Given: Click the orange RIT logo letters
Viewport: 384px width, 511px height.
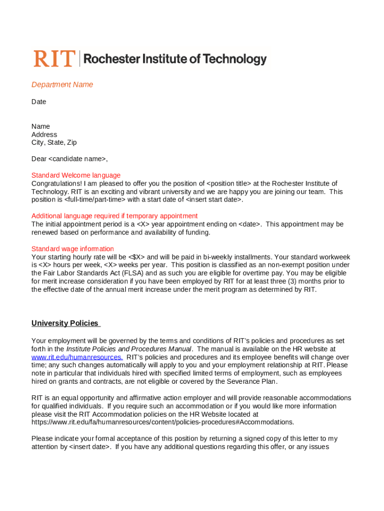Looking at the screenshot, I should (54, 59).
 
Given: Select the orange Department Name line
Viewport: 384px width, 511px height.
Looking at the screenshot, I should (62, 85).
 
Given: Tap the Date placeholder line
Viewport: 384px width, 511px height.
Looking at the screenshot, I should (39, 102).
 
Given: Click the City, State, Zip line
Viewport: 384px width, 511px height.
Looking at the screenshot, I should (54, 143).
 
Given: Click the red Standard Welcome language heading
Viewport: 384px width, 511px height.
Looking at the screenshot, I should (76, 176).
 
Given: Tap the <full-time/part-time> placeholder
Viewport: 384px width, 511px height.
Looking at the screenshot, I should (95, 200).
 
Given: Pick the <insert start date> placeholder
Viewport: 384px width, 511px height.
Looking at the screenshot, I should (213, 200).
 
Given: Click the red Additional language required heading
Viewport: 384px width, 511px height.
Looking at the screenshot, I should (115, 216).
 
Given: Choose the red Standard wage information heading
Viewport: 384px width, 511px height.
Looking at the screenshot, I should (73, 249).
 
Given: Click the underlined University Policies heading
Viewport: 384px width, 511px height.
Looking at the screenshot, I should (65, 323).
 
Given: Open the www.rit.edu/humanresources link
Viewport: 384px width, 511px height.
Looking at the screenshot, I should (77, 357).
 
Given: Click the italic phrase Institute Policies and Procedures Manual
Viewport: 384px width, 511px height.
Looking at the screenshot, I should (129, 349).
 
